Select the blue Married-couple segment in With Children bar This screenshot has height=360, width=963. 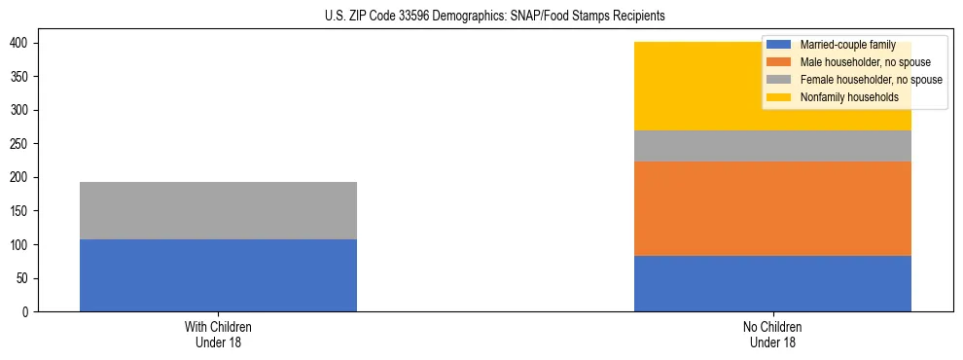click(x=218, y=275)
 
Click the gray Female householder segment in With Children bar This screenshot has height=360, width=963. click(x=218, y=210)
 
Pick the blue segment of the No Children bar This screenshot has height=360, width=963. click(x=772, y=283)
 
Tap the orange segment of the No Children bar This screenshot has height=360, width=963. click(x=772, y=208)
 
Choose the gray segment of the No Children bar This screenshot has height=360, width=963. click(x=772, y=146)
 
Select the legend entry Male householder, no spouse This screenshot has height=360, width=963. click(x=851, y=62)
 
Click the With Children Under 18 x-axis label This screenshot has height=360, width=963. click(x=218, y=334)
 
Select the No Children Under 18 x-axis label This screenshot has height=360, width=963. click(x=772, y=334)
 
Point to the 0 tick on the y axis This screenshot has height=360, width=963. click(x=26, y=312)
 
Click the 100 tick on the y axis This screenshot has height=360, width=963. click(x=20, y=245)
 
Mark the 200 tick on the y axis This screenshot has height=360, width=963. click(x=20, y=178)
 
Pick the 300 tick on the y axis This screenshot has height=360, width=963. click(x=20, y=111)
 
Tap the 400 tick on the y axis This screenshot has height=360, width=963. click(x=20, y=44)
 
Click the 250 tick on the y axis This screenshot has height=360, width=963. click(x=20, y=144)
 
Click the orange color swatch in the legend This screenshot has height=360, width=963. click(x=779, y=62)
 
